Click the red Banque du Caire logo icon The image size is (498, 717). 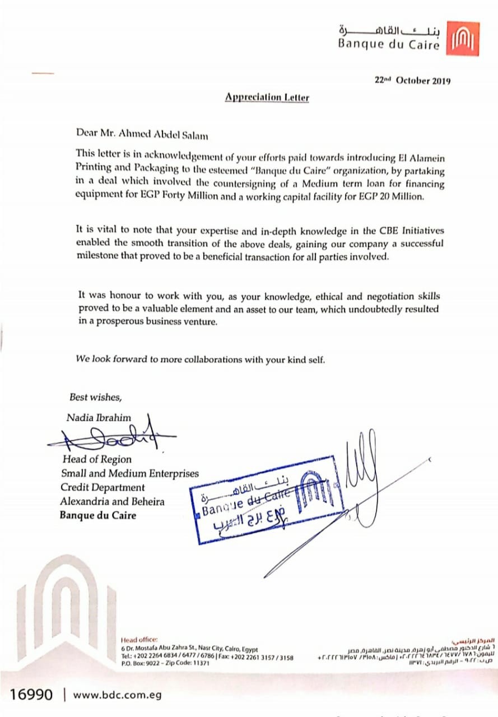(x=463, y=39)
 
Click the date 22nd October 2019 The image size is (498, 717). (x=412, y=80)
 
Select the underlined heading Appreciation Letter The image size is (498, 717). (x=267, y=97)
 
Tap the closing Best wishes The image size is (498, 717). (x=95, y=397)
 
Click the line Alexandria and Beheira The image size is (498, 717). (x=113, y=501)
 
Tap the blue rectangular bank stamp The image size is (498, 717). (x=266, y=500)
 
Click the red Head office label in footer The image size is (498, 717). (x=139, y=640)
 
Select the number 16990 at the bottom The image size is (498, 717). (x=31, y=695)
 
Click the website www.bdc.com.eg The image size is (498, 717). (x=117, y=695)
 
